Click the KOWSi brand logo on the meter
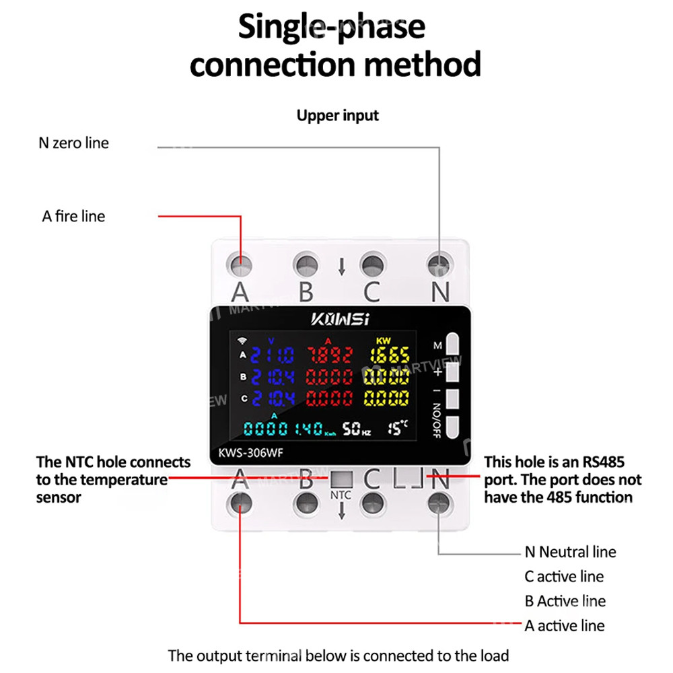click(x=340, y=319)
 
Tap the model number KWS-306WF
click(x=250, y=453)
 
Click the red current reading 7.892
click(x=330, y=355)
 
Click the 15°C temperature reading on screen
click(x=398, y=427)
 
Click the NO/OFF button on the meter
click(x=451, y=426)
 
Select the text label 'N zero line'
click(x=73, y=143)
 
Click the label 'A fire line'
click(x=73, y=216)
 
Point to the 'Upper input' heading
click(x=338, y=115)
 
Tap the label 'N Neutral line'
click(x=570, y=552)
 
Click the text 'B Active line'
click(x=565, y=601)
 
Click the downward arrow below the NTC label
click(x=341, y=512)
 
